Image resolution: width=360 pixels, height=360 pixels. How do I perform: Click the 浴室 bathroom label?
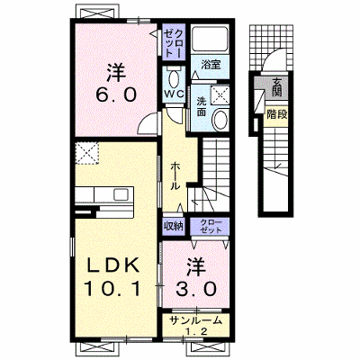(211, 65)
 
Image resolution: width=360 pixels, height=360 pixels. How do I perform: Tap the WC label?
(174, 94)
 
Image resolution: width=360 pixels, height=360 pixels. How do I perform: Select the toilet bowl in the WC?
(174, 79)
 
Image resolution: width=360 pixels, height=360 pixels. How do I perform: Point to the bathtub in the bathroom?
(210, 39)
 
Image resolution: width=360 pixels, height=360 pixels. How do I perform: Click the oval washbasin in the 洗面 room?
(220, 119)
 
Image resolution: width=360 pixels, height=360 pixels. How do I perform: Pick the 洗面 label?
(202, 107)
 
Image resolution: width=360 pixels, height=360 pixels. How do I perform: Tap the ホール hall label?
(175, 176)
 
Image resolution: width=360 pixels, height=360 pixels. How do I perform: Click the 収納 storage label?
(174, 226)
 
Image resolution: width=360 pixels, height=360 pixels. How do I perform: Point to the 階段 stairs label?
(277, 114)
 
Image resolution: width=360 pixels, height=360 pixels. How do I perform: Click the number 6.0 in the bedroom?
(116, 94)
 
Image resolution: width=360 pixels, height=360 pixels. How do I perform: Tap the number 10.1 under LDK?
(112, 289)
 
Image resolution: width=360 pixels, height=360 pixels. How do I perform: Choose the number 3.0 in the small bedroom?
(196, 289)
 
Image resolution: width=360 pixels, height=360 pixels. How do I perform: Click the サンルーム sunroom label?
(195, 320)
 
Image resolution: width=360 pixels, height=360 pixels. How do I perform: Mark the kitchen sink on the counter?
(122, 194)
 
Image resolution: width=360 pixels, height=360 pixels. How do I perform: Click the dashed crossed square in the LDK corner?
(86, 153)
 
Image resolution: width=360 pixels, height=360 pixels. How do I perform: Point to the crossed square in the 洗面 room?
(220, 95)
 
